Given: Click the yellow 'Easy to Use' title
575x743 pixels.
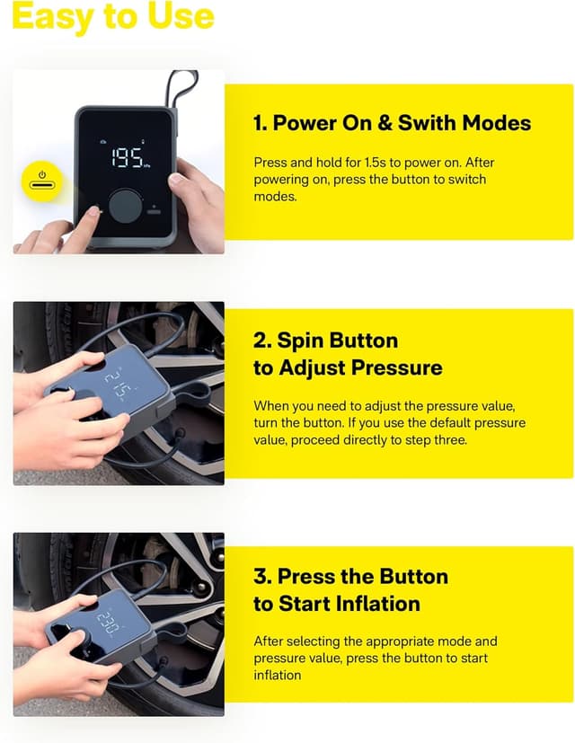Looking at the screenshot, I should click(113, 16).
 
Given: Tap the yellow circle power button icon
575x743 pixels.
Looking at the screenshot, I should click(41, 180).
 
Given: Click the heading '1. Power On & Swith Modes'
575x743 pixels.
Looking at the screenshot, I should click(392, 124).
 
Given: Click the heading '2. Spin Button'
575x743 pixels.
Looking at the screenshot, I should click(325, 341).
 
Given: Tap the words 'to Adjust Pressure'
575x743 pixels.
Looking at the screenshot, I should click(347, 368).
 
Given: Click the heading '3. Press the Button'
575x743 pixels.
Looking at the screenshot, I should click(350, 577).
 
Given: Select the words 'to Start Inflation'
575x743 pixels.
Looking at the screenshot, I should click(337, 604).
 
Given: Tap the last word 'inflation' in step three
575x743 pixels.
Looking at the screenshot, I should click(278, 675).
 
